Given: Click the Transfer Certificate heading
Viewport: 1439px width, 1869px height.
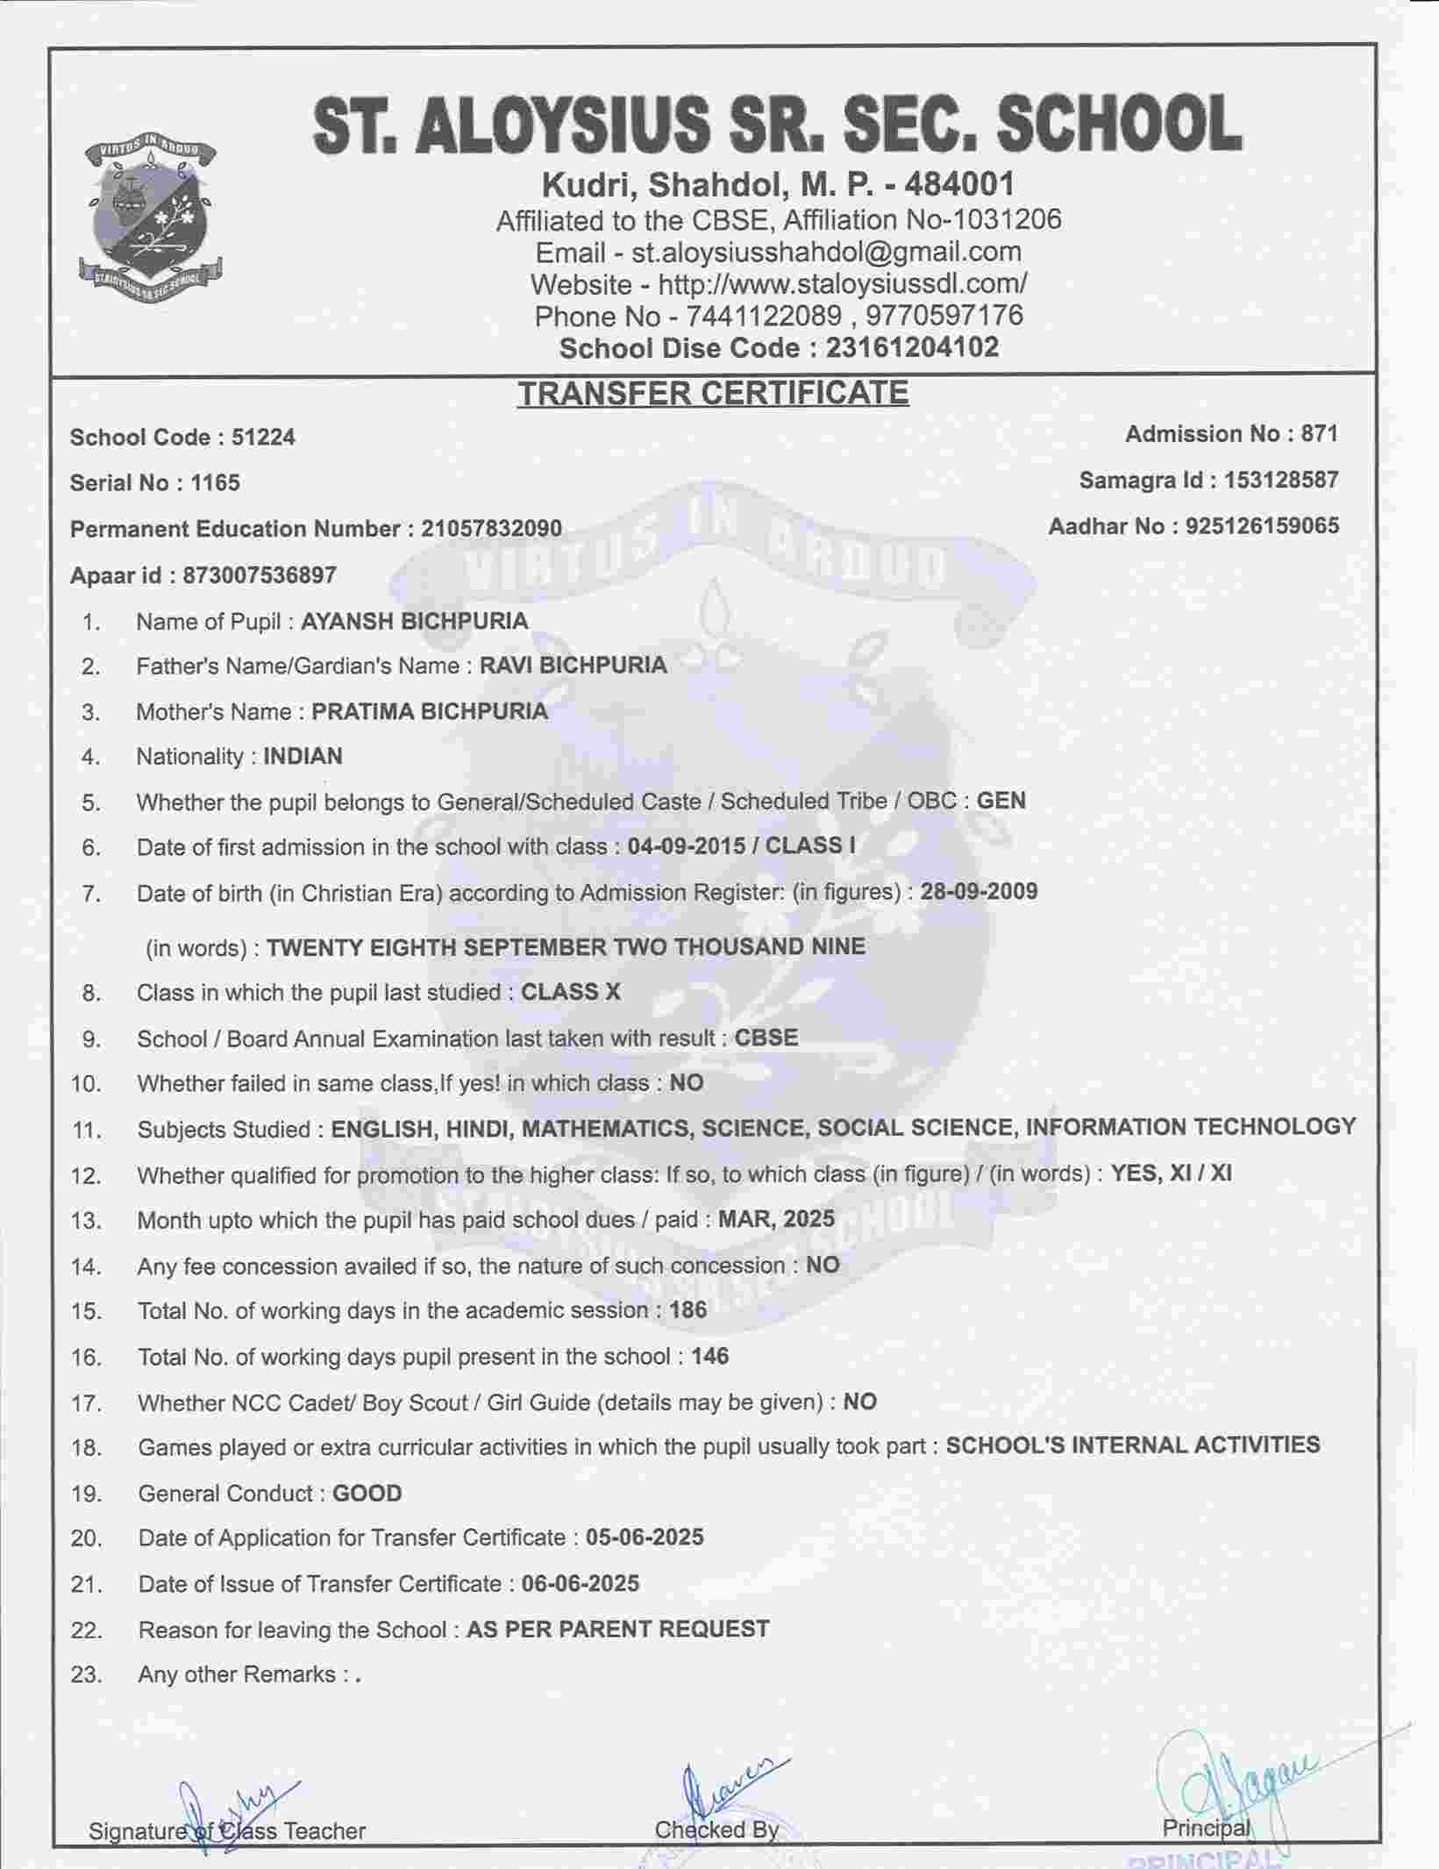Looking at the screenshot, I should [x=712, y=393].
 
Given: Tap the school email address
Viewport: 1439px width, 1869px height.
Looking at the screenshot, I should [x=826, y=252].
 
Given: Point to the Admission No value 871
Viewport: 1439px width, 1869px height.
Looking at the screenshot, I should [x=1320, y=434].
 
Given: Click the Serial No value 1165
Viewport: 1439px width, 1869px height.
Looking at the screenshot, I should [x=216, y=483].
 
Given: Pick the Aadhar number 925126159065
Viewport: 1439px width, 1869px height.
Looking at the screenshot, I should [x=1262, y=526].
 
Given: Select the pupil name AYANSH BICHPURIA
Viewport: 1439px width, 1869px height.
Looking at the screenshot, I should [x=414, y=622].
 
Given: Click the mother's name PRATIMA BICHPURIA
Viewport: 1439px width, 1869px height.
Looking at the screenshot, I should [x=430, y=711].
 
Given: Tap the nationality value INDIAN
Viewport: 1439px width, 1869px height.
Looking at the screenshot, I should [x=303, y=756].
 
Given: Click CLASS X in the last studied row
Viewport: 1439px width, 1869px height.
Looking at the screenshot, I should [x=571, y=992].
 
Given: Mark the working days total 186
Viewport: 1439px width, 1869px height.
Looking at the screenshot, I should [x=687, y=1310].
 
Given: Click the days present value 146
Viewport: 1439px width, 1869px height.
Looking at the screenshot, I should [x=709, y=1356].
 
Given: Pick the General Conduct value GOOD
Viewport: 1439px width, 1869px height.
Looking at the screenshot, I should [x=367, y=1494].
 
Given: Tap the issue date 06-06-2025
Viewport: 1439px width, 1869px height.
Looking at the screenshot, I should [x=580, y=1583].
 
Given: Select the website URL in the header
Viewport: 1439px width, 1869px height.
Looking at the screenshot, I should [x=843, y=284].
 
